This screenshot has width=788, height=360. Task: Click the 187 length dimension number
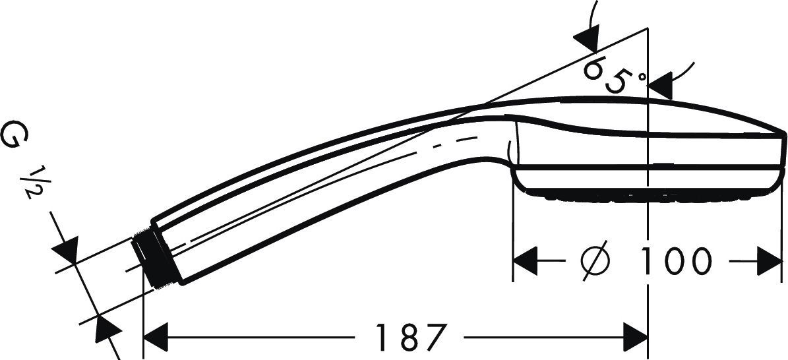(x=411, y=337)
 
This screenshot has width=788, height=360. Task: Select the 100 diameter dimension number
(x=677, y=261)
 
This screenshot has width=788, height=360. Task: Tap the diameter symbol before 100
(x=596, y=261)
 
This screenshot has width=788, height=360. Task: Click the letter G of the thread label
(x=16, y=135)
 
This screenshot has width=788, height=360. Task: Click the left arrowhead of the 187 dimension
(x=155, y=337)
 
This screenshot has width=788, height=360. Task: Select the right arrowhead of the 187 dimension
(x=635, y=337)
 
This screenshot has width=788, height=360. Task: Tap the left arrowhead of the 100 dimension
(x=525, y=261)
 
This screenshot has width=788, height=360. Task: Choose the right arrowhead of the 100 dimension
(x=770, y=261)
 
